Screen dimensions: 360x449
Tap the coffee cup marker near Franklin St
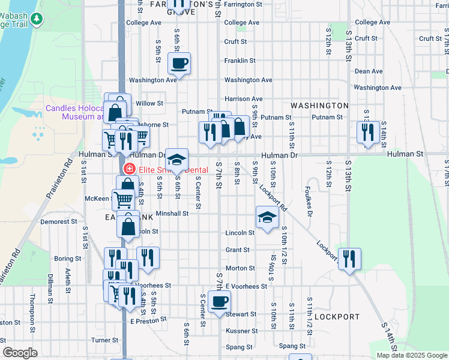point(179,63)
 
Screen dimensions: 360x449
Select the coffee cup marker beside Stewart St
point(219,302)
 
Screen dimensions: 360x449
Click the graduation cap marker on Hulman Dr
point(176,160)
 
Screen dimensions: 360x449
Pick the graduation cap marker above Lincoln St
point(267,217)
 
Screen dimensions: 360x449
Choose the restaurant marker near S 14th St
point(367,133)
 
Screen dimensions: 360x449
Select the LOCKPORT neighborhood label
point(336,316)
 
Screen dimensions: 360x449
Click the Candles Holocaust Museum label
point(75,113)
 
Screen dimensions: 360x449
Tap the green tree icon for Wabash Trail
point(38,19)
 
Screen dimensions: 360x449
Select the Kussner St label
point(242,331)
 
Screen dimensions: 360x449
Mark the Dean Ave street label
point(368,71)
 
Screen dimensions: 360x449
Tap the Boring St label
point(67,259)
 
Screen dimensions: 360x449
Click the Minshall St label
point(172,213)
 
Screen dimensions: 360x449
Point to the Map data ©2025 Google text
point(411,355)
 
